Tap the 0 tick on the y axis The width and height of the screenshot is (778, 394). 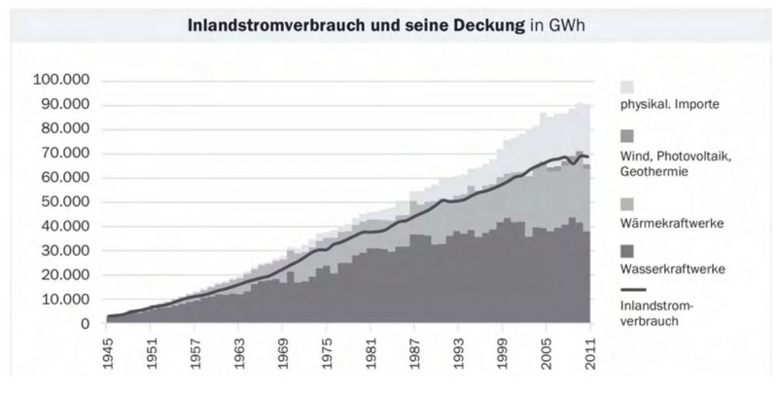(x=86, y=323)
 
